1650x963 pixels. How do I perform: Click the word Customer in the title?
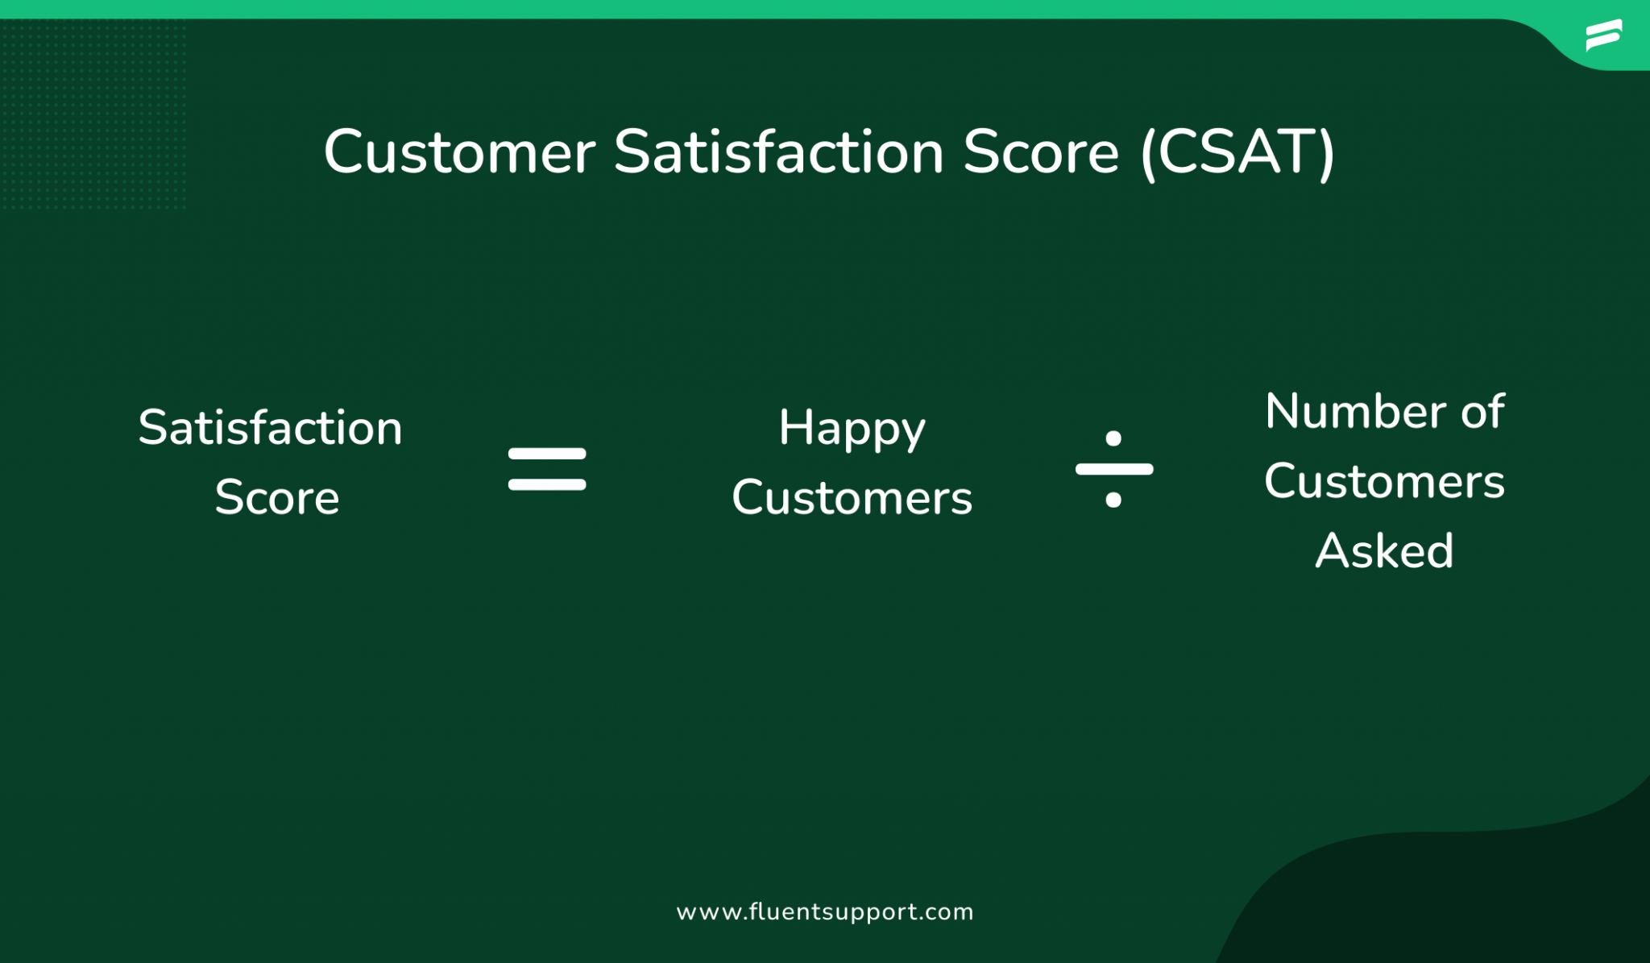[x=459, y=152]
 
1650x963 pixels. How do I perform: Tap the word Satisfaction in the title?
[x=778, y=152]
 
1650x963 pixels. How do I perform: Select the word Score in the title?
[x=1040, y=152]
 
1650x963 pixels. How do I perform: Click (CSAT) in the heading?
[x=1237, y=152]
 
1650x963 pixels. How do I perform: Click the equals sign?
[x=547, y=469]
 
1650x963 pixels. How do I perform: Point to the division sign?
[x=1113, y=469]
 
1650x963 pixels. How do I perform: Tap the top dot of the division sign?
[x=1113, y=438]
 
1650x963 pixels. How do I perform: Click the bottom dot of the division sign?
[x=1113, y=500]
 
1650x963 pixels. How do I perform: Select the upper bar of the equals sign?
[x=547, y=454]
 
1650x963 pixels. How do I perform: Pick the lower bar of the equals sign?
[x=547, y=484]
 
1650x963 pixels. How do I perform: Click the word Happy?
[x=852, y=429]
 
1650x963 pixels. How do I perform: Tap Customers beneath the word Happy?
[x=852, y=497]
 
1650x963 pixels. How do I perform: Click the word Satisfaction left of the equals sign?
[x=270, y=427]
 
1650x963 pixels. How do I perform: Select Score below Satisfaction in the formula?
[x=276, y=497]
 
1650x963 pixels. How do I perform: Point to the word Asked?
[x=1384, y=551]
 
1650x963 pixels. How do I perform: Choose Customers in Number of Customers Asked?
[x=1384, y=482]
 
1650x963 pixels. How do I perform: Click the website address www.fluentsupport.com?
[x=825, y=911]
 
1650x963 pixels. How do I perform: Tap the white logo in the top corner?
[x=1603, y=35]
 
